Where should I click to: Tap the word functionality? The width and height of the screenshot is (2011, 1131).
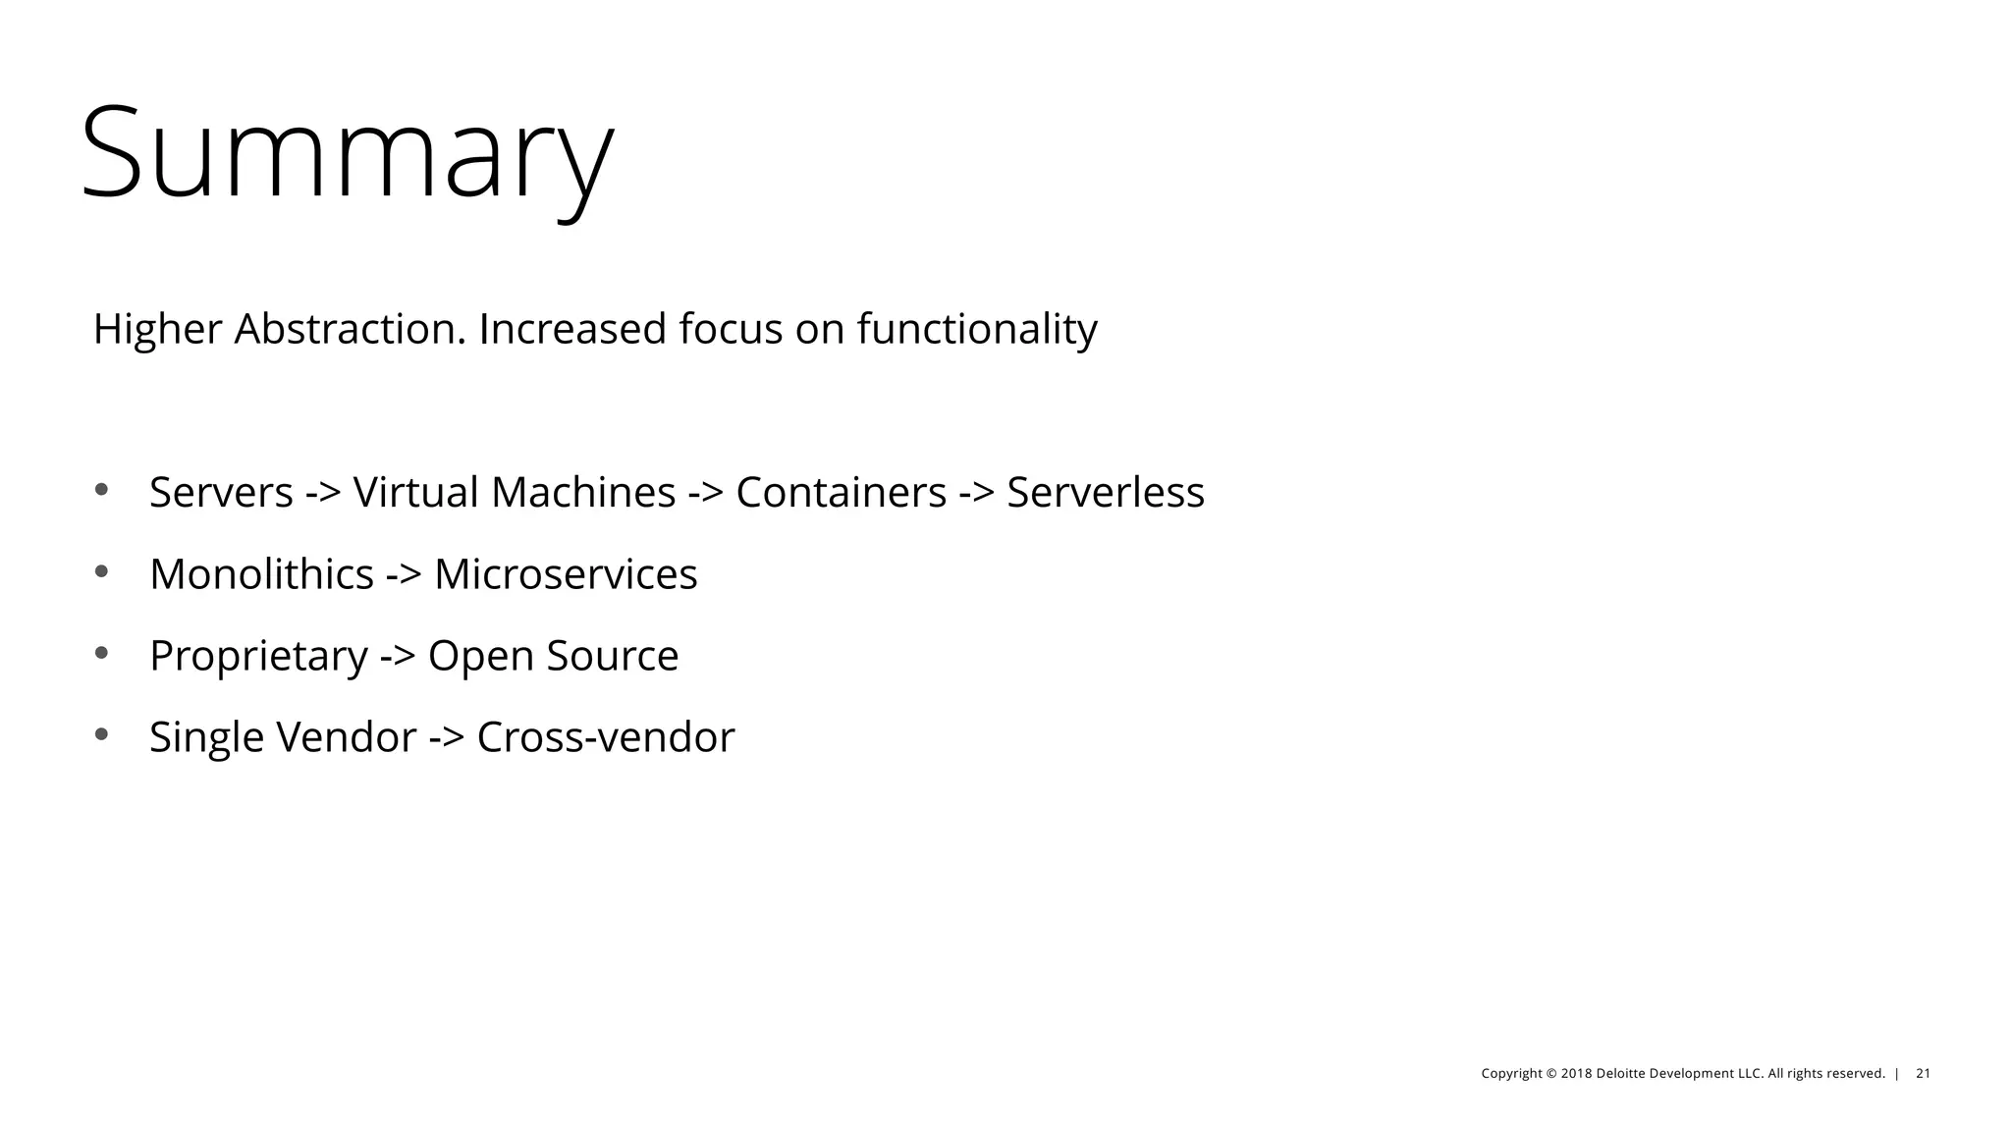pos(976,329)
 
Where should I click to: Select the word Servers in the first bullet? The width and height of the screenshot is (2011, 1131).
pos(221,493)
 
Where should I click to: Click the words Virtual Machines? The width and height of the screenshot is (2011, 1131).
pos(514,493)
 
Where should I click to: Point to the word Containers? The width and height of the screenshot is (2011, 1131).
pos(841,493)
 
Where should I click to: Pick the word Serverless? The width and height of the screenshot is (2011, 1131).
pos(1105,493)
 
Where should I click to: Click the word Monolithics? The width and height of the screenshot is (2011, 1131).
pos(261,574)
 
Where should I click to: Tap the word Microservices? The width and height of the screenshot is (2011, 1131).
pos(566,574)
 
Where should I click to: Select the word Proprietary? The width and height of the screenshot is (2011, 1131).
pos(258,656)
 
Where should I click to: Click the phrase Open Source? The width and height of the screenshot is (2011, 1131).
pos(553,656)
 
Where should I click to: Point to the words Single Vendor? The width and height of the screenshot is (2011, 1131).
pos(283,737)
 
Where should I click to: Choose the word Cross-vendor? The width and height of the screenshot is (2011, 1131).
pos(605,737)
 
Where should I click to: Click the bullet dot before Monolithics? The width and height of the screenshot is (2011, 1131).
pos(101,570)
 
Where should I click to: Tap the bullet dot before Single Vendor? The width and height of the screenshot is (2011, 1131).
pos(101,733)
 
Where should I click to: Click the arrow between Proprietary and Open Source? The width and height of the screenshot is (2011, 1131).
pos(398,657)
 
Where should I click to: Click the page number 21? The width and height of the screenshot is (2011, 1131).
pos(1923,1074)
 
